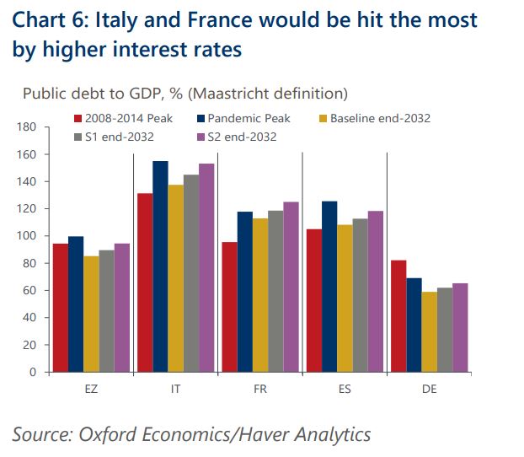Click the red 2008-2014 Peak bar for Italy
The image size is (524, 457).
pyautogui.click(x=145, y=282)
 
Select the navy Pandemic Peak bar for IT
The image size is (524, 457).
pyautogui.click(x=161, y=266)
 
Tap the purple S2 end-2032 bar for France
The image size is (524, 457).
pyautogui.click(x=291, y=287)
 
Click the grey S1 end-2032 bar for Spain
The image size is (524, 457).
pyautogui.click(x=360, y=295)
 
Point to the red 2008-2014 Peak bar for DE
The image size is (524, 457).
pyautogui.click(x=398, y=316)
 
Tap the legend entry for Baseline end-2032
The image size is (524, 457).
pyautogui.click(x=380, y=118)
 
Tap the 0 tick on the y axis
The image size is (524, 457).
pyautogui.click(x=35, y=372)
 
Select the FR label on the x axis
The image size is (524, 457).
pyautogui.click(x=260, y=388)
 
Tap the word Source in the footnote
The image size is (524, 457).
pyautogui.click(x=41, y=434)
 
